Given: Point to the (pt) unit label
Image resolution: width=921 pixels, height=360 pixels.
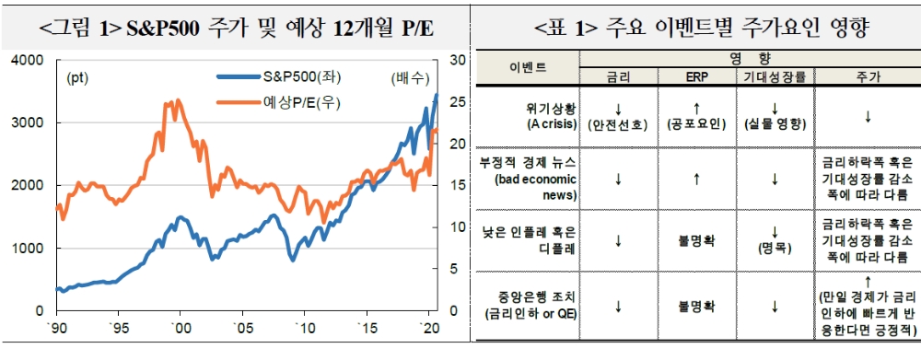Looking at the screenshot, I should click(x=78, y=78).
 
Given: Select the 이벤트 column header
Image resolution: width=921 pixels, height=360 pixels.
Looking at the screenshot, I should click(x=527, y=67).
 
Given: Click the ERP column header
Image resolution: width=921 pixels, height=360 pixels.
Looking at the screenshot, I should click(x=696, y=77).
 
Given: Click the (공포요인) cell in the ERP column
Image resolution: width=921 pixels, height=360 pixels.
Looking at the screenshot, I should click(x=696, y=122).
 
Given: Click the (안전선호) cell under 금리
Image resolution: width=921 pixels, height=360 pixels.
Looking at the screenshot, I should click(x=618, y=122).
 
